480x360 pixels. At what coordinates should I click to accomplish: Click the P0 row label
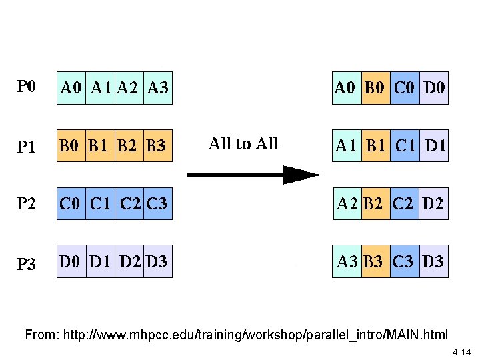[x=27, y=87]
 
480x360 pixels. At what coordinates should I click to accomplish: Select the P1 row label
[x=27, y=145]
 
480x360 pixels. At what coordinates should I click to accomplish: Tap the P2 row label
[x=27, y=203]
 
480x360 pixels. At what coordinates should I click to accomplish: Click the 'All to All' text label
[x=243, y=143]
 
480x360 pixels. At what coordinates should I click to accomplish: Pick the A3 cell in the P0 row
[x=158, y=87]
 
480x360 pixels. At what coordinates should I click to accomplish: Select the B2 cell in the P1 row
[x=129, y=145]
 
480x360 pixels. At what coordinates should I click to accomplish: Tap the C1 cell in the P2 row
[x=100, y=203]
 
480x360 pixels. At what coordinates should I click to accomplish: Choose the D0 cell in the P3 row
[x=71, y=261]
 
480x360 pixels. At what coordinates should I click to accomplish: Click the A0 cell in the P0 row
[x=71, y=87]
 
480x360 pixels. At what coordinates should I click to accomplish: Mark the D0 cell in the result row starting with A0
[x=435, y=87]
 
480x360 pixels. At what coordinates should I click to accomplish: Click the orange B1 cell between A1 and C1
[x=376, y=145]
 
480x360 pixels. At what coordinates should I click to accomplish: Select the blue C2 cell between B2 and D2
[x=405, y=203]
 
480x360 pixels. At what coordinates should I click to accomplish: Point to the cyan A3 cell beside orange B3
[x=347, y=261]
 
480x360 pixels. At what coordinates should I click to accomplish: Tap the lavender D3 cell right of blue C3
[x=433, y=261]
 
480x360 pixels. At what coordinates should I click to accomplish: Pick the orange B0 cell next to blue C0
[x=376, y=87]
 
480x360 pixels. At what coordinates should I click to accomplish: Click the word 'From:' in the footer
[x=41, y=334]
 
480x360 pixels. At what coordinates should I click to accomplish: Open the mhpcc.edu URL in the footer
[x=255, y=334]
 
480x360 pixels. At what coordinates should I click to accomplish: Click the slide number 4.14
[x=461, y=351]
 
